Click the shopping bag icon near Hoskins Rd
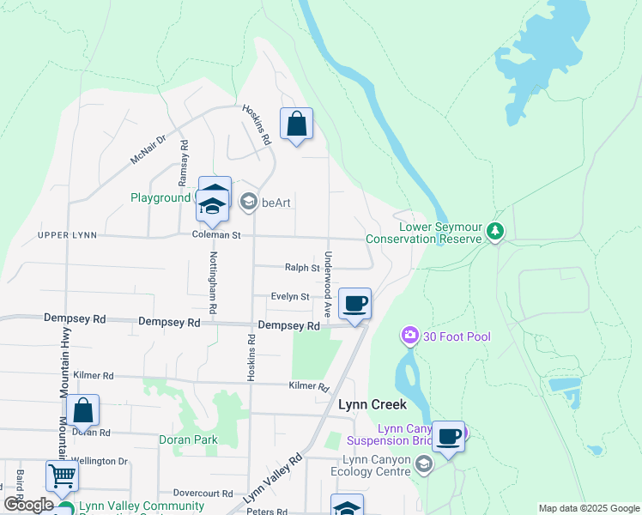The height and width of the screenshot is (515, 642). point(296,124)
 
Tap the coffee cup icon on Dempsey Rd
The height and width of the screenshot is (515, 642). point(355,303)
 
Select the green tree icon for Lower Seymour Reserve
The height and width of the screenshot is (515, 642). point(494,231)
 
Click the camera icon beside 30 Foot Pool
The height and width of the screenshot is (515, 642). point(410,336)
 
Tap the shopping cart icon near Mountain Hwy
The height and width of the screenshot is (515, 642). point(62,476)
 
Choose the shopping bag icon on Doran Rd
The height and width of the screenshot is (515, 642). point(83,411)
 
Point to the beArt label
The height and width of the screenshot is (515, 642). point(276,203)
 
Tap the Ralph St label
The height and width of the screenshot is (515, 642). point(302,268)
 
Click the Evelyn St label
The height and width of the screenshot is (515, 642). point(289,296)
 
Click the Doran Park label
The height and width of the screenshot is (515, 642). point(188,439)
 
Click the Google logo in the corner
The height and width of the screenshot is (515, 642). point(28,505)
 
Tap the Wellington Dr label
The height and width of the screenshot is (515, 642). point(100,461)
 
